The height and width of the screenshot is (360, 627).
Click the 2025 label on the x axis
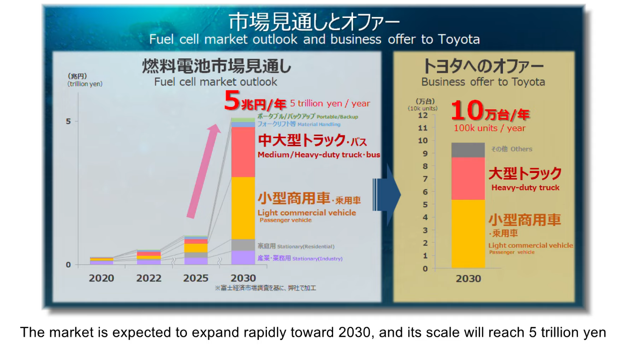point(196,278)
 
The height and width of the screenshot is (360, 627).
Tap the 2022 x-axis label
point(149,278)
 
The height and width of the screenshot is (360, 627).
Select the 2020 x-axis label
point(102,278)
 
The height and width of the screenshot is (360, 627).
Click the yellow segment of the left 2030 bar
point(243,208)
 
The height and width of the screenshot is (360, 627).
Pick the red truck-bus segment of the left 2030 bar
point(243,152)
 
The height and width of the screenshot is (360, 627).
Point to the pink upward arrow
point(204,171)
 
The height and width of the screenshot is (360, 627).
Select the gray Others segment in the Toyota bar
point(468,150)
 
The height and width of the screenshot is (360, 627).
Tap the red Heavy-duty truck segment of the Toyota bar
point(468,178)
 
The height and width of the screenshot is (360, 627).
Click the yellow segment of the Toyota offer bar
point(468,234)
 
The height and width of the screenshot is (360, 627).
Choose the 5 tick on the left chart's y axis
point(69,121)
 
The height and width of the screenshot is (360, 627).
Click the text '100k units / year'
point(489,129)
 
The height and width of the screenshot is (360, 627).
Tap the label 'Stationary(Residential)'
point(306,247)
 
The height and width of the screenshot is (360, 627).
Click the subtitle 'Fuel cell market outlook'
point(216,82)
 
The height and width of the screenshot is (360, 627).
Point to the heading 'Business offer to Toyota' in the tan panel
point(483,82)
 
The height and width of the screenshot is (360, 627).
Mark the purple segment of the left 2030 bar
point(243,258)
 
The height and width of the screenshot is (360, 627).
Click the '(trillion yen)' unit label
point(85,84)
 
